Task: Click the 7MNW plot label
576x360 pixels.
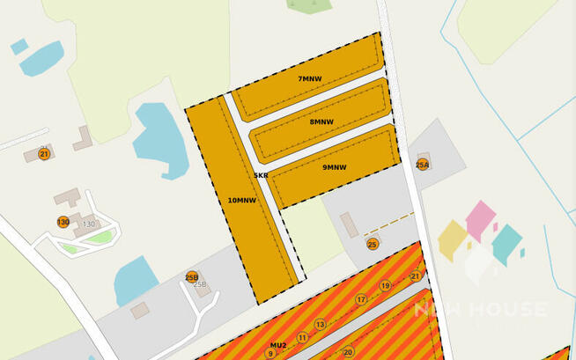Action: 309,79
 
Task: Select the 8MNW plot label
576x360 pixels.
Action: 321,121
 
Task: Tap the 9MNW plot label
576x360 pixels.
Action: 334,167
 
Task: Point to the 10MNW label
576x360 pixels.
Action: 241,200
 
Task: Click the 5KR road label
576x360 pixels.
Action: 261,175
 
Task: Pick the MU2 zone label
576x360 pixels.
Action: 278,345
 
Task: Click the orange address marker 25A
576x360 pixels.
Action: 423,165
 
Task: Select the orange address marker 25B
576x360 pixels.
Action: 192,277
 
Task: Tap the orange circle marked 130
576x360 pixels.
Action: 63,222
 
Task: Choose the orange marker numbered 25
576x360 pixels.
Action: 373,244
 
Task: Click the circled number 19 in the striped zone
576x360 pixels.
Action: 385,285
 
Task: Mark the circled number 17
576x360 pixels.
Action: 361,300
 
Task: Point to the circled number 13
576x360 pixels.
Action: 321,325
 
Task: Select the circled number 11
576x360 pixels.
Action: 302,337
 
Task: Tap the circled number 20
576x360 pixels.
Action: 348,351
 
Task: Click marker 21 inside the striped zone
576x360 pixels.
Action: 415,276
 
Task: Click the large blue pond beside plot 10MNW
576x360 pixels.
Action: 160,140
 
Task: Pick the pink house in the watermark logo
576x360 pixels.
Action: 480,220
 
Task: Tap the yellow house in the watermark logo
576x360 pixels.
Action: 453,240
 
